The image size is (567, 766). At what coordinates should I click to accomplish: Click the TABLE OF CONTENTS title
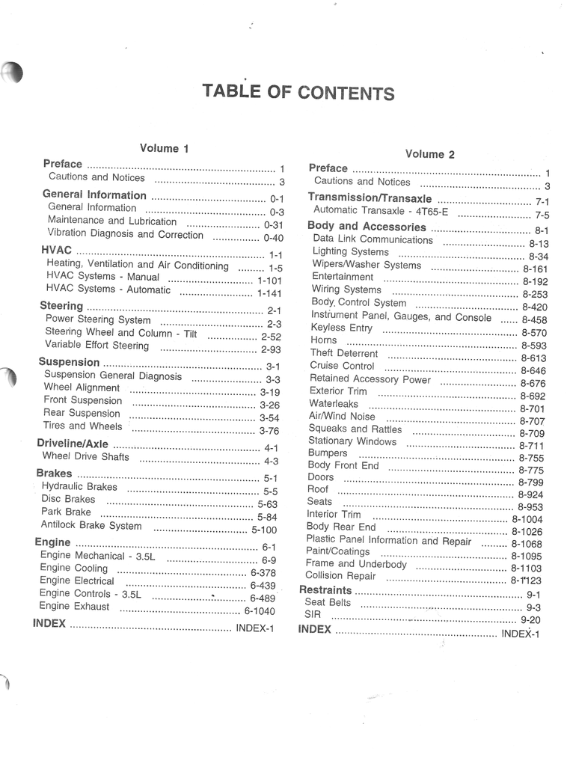(x=298, y=92)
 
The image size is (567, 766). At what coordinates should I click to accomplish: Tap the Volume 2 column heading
(x=429, y=154)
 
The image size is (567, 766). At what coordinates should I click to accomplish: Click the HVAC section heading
(x=56, y=250)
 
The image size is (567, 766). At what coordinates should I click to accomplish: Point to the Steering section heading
(x=61, y=305)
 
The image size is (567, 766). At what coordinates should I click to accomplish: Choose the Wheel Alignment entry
(x=81, y=387)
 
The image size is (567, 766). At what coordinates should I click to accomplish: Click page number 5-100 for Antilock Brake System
(x=264, y=530)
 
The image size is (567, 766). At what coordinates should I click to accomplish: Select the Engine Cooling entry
(x=74, y=568)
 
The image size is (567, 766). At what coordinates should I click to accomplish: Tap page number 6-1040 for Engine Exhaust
(x=259, y=610)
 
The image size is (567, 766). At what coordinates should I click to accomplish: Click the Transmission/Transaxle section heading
(x=370, y=198)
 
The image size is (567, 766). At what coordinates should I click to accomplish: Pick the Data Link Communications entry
(x=372, y=239)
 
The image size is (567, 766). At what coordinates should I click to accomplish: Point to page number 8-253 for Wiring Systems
(x=535, y=295)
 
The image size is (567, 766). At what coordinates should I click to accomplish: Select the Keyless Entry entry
(x=340, y=328)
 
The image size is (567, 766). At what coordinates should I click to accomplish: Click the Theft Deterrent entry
(x=344, y=353)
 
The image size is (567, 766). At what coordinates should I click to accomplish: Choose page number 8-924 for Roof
(x=530, y=494)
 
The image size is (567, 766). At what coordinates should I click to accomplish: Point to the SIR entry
(x=313, y=615)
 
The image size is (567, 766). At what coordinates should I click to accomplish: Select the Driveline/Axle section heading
(x=73, y=444)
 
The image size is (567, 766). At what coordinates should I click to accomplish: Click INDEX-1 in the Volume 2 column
(x=520, y=634)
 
